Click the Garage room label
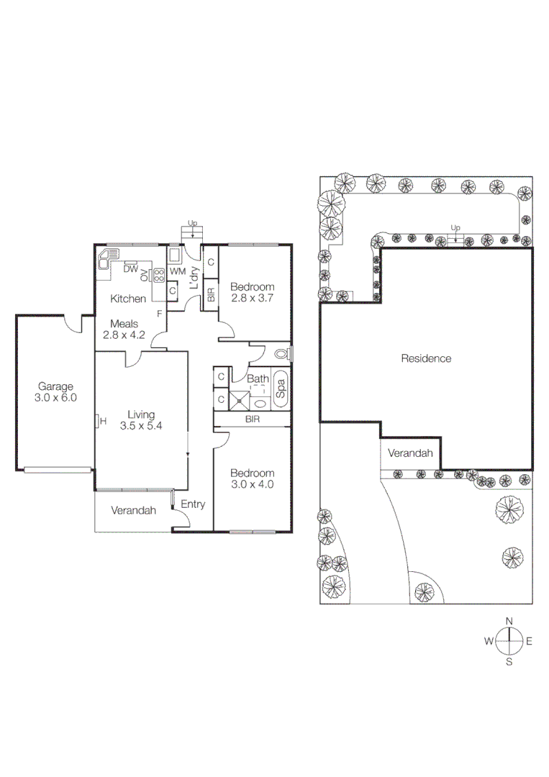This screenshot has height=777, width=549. point(55,391)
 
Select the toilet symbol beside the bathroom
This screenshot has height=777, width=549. point(282,353)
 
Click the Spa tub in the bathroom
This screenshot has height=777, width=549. point(281,389)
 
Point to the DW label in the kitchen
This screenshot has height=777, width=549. point(130,269)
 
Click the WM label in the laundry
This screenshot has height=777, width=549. point(178,271)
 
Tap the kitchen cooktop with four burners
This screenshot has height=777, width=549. point(158,274)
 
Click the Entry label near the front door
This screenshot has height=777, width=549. point(192,504)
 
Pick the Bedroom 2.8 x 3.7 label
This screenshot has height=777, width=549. point(253,291)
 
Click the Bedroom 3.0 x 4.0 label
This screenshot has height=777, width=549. point(252,478)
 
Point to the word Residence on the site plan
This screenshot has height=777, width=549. point(426,358)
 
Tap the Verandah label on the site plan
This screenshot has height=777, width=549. point(410,453)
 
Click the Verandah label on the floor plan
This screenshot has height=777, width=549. point(133,510)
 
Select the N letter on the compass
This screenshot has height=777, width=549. point(509,620)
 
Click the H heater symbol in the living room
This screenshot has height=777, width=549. point(102,422)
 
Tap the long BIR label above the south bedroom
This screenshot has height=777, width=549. point(252,419)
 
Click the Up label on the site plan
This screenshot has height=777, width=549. point(455,228)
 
